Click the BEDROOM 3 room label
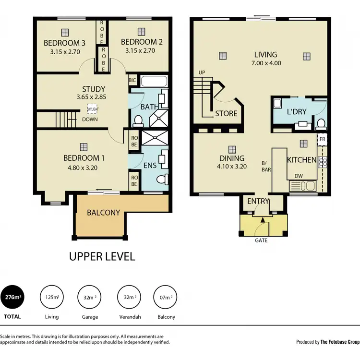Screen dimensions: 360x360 click(x=65, y=42)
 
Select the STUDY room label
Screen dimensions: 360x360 click(x=94, y=89)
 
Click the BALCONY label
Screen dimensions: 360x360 click(x=103, y=212)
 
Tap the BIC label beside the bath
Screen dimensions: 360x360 click(x=132, y=81)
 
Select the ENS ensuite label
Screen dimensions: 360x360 click(x=150, y=166)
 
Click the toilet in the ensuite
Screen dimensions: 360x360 click(x=164, y=179)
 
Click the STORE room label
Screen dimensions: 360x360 click(x=226, y=114)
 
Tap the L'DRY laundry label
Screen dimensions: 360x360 click(x=297, y=112)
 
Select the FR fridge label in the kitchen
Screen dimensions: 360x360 click(x=324, y=140)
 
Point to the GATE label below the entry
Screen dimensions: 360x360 click(x=261, y=240)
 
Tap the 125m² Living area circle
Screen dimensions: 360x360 click(x=52, y=298)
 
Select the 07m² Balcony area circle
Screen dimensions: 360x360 click(x=166, y=298)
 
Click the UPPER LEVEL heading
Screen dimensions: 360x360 click(x=102, y=256)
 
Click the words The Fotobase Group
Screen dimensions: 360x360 click(x=340, y=342)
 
